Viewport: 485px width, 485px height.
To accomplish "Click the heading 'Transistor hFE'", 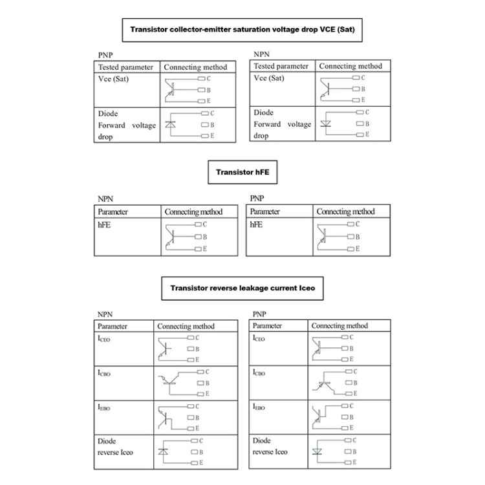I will pyautogui.click(x=242, y=173).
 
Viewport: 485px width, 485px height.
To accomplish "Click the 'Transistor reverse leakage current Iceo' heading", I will pyautogui.click(x=242, y=288).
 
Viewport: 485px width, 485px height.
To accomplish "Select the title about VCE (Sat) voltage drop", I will pyautogui.click(x=242, y=29).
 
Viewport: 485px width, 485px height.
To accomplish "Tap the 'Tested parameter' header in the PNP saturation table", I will pyautogui.click(x=125, y=67).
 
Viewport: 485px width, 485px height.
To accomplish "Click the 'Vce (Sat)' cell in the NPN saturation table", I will pyautogui.click(x=269, y=78).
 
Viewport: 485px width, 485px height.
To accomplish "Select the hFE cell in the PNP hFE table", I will pyautogui.click(x=256, y=224).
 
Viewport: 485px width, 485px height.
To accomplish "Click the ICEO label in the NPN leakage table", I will pyautogui.click(x=104, y=339).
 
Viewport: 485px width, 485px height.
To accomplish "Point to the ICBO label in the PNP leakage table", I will pyautogui.click(x=259, y=372).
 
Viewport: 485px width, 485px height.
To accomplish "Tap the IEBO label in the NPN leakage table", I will pyautogui.click(x=104, y=408).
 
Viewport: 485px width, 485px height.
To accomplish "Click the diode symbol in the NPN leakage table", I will pyautogui.click(x=164, y=451).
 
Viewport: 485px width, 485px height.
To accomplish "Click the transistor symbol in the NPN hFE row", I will pyautogui.click(x=170, y=237).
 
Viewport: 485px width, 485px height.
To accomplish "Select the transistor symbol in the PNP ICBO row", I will pyautogui.click(x=325, y=383).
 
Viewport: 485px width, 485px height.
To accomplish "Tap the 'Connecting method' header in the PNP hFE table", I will pyautogui.click(x=345, y=211).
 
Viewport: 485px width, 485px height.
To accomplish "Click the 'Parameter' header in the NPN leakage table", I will pyautogui.click(x=113, y=326).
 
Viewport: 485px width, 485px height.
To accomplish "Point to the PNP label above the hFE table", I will pyautogui.click(x=257, y=198).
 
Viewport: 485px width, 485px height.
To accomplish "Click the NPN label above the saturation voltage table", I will pyautogui.click(x=261, y=54).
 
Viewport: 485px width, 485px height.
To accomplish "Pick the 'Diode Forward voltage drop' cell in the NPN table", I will pyautogui.click(x=282, y=124).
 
